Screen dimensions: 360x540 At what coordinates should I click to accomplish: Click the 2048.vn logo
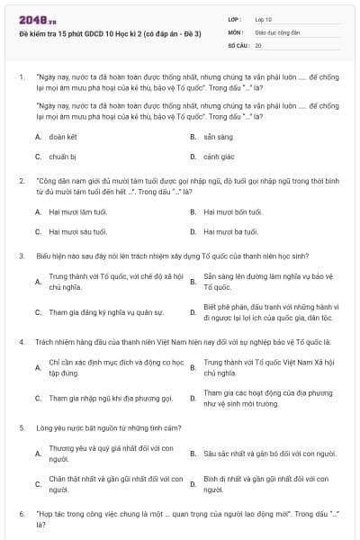tap(33, 18)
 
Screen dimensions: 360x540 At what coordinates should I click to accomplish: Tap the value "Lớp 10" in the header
tap(264, 18)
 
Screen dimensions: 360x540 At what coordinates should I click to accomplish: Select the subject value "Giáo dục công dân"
tap(275, 31)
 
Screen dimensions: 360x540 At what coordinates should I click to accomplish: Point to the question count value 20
tap(258, 44)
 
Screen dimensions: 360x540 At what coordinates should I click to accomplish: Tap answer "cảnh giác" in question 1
tap(218, 157)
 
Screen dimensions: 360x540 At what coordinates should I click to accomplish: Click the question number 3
tap(21, 256)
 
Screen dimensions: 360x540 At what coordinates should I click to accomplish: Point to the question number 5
tap(21, 427)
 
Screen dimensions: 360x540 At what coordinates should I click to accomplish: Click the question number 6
tap(21, 513)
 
